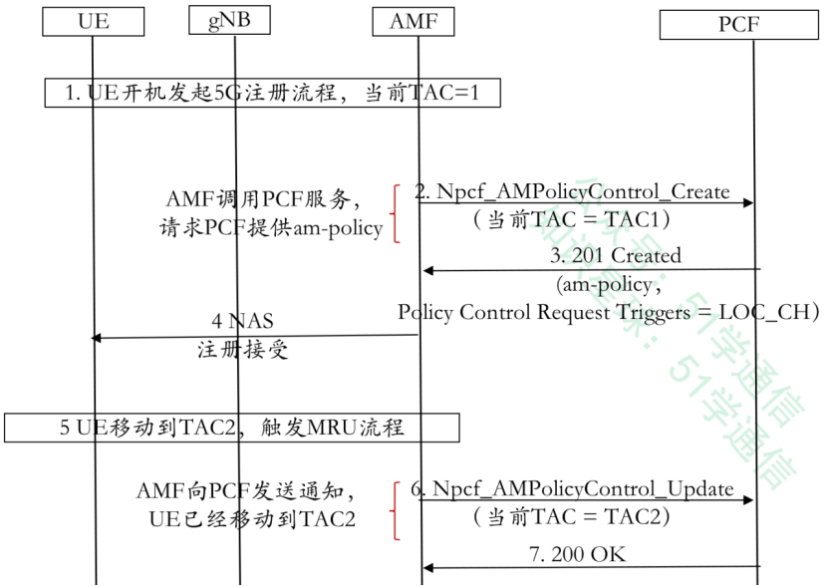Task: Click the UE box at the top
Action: [x=93, y=20]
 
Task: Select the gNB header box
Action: [x=229, y=19]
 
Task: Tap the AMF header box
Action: [x=413, y=20]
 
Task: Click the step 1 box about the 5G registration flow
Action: [x=272, y=93]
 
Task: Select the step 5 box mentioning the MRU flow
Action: [x=231, y=429]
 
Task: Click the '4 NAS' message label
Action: [x=242, y=321]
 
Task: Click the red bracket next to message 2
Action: [x=397, y=212]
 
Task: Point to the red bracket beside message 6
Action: [x=397, y=509]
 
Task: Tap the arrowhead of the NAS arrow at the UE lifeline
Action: [x=97, y=338]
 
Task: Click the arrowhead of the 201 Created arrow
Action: [x=427, y=270]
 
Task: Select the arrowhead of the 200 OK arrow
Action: [x=427, y=567]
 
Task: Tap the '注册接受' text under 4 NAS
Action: [x=241, y=351]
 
